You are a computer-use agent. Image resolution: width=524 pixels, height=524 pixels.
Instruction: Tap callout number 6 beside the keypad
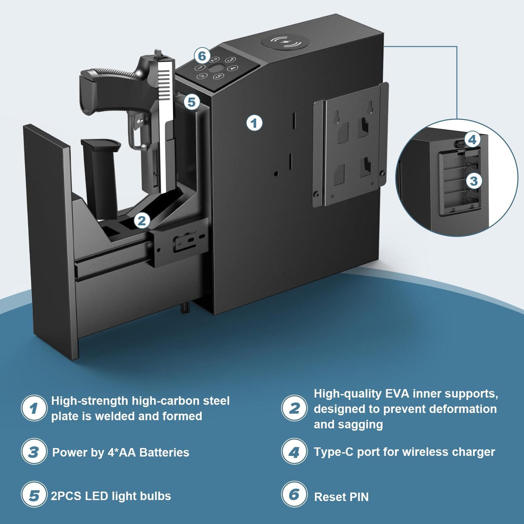[x=202, y=56]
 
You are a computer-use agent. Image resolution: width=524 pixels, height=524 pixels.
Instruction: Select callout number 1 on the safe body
[x=254, y=123]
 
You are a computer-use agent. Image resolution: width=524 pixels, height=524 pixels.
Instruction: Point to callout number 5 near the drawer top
[x=192, y=102]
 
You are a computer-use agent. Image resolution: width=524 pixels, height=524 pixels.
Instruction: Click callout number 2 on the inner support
[x=142, y=221]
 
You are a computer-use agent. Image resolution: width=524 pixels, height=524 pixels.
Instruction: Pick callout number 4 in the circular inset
[x=472, y=140]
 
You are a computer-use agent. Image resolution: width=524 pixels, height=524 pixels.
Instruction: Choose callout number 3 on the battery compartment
[x=474, y=181]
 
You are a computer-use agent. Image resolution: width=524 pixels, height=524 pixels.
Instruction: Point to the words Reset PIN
[x=341, y=497]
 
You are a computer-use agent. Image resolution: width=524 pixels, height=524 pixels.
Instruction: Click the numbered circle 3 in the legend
[x=34, y=451]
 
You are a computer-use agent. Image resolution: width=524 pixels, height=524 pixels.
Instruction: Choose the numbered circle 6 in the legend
[x=294, y=494]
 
